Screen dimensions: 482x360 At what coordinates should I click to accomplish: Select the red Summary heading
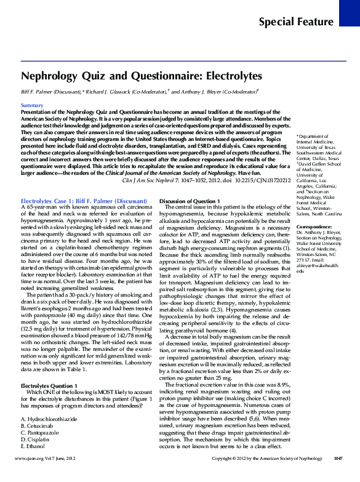click(x=31, y=106)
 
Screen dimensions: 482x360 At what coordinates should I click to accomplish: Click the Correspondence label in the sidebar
click(x=314, y=227)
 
